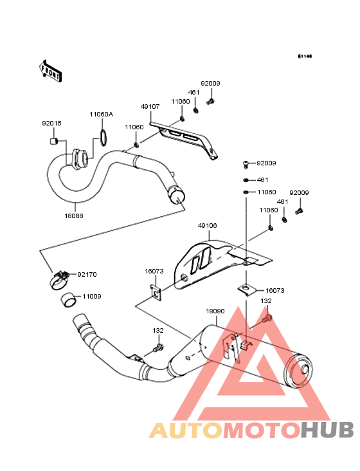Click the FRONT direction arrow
(x=50, y=71)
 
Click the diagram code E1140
(x=305, y=56)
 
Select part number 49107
(x=150, y=107)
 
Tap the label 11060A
(x=102, y=115)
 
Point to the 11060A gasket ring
(x=103, y=138)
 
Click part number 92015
(x=51, y=124)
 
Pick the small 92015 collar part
(x=53, y=140)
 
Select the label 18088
(x=74, y=216)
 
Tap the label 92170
(x=87, y=275)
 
